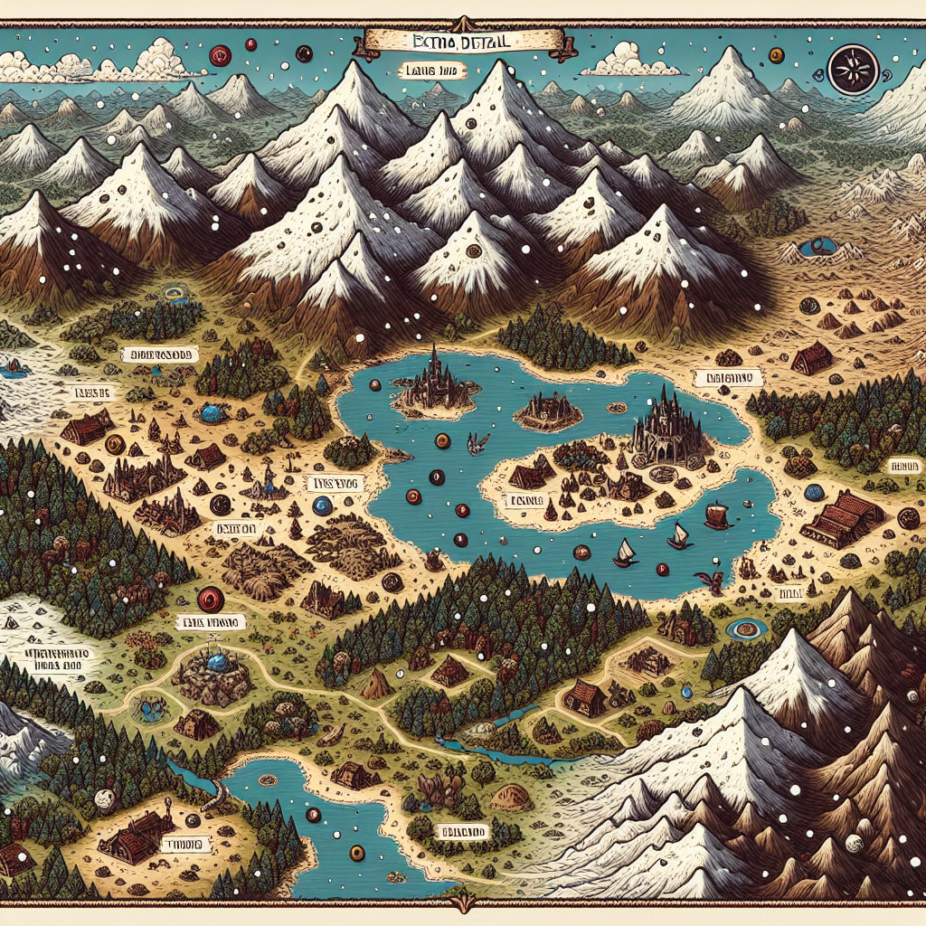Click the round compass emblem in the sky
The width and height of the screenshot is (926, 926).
click(x=848, y=71)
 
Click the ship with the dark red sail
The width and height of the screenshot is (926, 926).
click(x=716, y=516)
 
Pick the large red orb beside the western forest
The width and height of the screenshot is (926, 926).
click(x=209, y=598)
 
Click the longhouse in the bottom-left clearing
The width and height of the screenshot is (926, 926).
click(x=136, y=838)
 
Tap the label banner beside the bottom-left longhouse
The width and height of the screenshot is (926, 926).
click(x=184, y=844)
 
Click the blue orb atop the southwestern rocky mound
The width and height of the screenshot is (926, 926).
click(x=216, y=663)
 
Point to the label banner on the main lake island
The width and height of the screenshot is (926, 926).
click(x=524, y=499)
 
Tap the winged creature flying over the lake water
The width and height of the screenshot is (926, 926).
click(x=472, y=442)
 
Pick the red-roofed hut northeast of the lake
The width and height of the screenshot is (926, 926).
click(x=811, y=359)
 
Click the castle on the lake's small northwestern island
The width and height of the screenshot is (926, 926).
click(x=437, y=385)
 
